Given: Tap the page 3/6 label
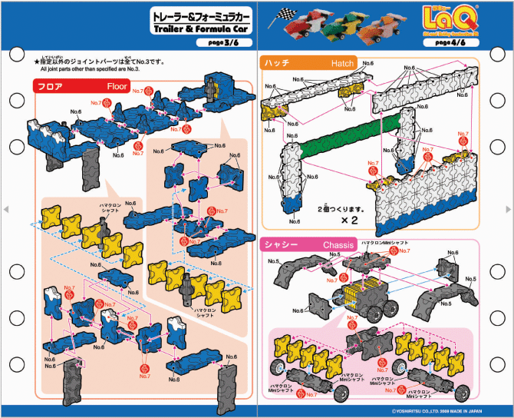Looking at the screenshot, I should (x=228, y=43).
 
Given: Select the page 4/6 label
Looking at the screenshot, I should (x=453, y=43).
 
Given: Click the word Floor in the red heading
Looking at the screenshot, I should (x=117, y=86).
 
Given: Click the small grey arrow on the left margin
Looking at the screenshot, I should (x=6, y=209).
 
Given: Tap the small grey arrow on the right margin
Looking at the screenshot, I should (x=508, y=209).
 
